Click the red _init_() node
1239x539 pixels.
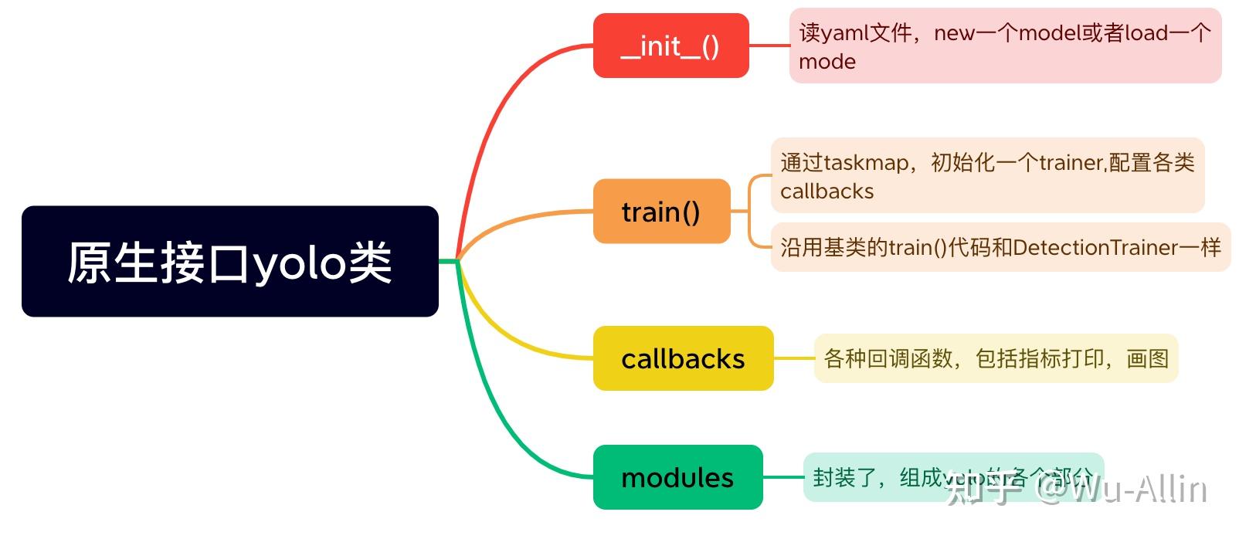670,46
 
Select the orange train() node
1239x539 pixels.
661,212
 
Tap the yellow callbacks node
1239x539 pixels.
683,358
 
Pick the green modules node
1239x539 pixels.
677,477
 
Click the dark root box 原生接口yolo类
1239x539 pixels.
229,262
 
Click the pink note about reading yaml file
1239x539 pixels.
1004,46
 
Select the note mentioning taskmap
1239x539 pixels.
986,176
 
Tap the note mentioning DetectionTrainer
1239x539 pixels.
1000,247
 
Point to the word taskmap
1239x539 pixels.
866,163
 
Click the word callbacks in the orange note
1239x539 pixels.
827,192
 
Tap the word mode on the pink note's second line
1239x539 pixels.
827,62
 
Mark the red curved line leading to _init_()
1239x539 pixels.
494,116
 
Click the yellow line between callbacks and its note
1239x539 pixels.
793,358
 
